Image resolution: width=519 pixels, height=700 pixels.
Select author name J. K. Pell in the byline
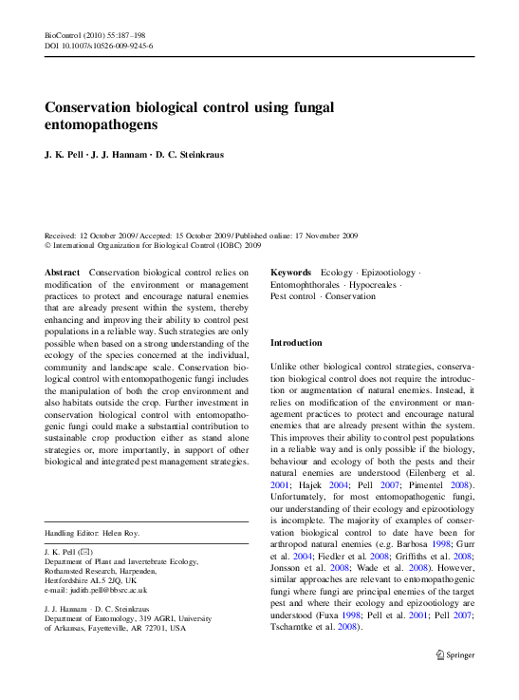pyautogui.click(x=64, y=155)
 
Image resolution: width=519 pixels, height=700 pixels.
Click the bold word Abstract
pyautogui.click(x=63, y=273)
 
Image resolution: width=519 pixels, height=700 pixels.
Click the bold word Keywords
pyautogui.click(x=291, y=273)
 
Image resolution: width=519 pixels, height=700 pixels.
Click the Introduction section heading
pyautogui.click(x=296, y=342)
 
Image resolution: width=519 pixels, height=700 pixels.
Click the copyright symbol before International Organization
pyautogui.click(x=48, y=245)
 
